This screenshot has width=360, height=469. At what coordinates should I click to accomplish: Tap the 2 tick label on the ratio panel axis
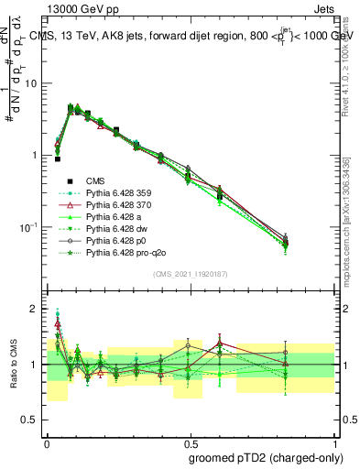coord(34,309)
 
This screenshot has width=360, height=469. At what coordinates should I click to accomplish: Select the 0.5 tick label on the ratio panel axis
coord(30,420)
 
